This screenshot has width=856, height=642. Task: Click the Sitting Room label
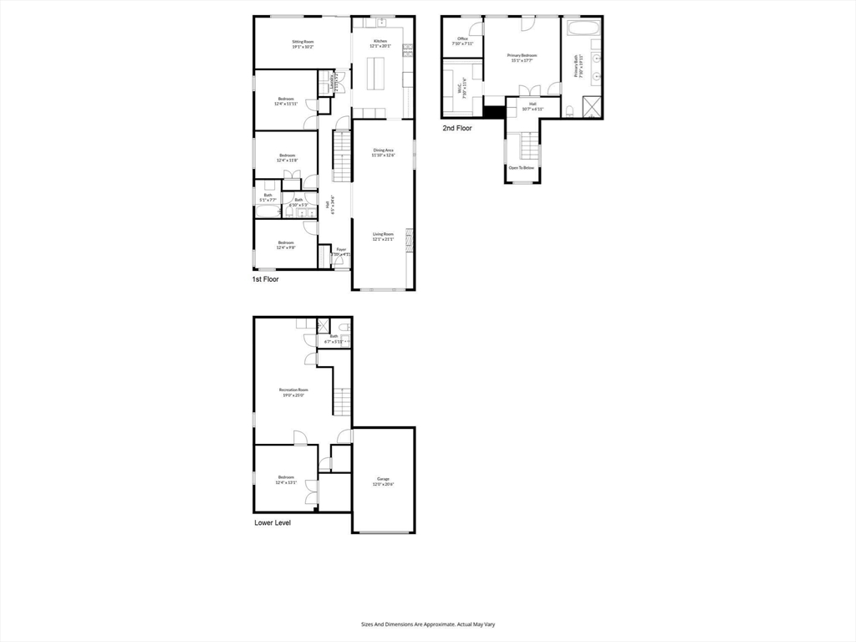click(x=303, y=41)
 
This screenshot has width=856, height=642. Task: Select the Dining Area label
click(x=383, y=150)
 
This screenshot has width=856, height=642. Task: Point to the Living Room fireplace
click(x=409, y=241)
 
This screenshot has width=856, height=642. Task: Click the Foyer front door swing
click(x=338, y=262)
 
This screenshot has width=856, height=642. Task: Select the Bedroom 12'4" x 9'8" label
click(x=286, y=242)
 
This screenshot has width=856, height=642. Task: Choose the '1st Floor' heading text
click(x=265, y=279)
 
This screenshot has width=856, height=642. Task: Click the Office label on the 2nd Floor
click(x=462, y=38)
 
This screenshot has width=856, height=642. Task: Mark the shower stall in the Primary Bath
click(x=590, y=107)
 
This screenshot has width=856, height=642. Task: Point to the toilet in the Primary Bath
click(x=568, y=110)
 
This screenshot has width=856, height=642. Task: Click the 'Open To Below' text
click(x=522, y=168)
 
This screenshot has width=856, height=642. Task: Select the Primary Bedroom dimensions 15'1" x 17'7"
click(x=522, y=60)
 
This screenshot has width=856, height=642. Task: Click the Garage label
click(x=383, y=479)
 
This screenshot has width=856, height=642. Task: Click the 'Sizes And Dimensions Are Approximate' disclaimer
click(x=427, y=624)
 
